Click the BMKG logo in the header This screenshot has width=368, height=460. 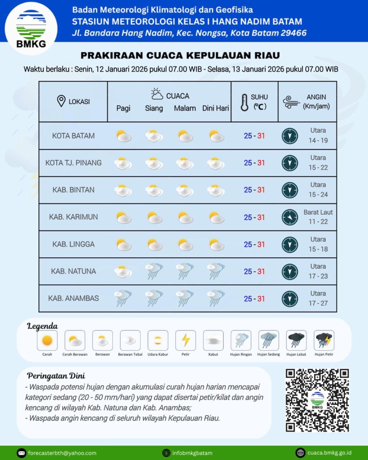pyautogui.click(x=32, y=28)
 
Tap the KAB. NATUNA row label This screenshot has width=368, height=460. pyautogui.click(x=73, y=271)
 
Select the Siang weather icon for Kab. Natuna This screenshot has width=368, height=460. pyautogui.click(x=154, y=271)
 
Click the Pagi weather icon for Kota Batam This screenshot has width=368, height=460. pyautogui.click(x=123, y=136)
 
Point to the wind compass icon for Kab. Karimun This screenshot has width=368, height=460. pyautogui.click(x=290, y=217)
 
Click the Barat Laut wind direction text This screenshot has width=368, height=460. pyautogui.click(x=318, y=212)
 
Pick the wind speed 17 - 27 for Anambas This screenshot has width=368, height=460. pyautogui.click(x=318, y=303)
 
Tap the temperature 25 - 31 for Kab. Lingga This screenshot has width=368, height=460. pyautogui.click(x=254, y=244)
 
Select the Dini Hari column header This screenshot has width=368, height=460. pyautogui.click(x=215, y=108)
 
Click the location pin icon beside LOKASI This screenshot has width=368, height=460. pyautogui.click(x=61, y=101)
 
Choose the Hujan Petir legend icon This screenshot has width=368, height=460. pyautogui.click(x=324, y=340)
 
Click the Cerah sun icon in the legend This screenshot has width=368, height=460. pyautogui.click(x=47, y=340)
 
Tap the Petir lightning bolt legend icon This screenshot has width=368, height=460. pyautogui.click(x=185, y=340)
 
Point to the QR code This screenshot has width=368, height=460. pyautogui.click(x=317, y=400)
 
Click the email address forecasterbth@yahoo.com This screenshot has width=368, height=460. pyautogui.click(x=62, y=453)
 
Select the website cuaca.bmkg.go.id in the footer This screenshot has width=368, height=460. pyautogui.click(x=329, y=453)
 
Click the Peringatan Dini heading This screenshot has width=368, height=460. pyautogui.click(x=56, y=376)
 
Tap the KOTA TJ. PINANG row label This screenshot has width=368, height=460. pyautogui.click(x=73, y=163)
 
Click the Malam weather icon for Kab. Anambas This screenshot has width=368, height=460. pyautogui.click(x=185, y=298)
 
